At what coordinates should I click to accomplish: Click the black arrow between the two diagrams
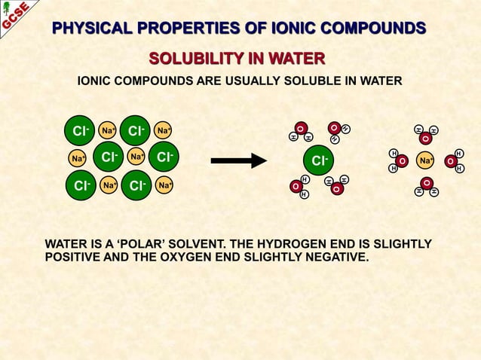pyautogui.click(x=238, y=160)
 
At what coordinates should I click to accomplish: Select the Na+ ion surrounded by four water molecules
pyautogui.click(x=426, y=161)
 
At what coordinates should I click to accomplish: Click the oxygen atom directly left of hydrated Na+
pyautogui.click(x=403, y=161)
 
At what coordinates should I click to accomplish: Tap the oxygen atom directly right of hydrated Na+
pyautogui.click(x=450, y=161)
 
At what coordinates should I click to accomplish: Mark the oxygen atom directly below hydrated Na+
pyautogui.click(x=427, y=183)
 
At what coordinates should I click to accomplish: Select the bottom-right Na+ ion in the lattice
pyautogui.click(x=163, y=185)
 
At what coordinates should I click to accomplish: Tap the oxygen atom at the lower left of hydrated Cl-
pyautogui.click(x=295, y=186)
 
